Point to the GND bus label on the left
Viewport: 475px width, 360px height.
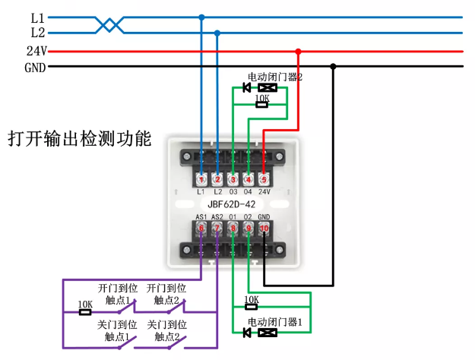[x=35, y=67]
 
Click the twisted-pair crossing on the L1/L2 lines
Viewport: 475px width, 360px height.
[x=111, y=25]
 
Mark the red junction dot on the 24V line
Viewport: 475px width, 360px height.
[x=298, y=52]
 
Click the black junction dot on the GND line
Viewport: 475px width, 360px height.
[x=333, y=67]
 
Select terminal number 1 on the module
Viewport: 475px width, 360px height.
[x=201, y=179]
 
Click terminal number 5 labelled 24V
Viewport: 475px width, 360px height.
[x=264, y=179]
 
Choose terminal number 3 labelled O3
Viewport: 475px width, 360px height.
[x=233, y=179]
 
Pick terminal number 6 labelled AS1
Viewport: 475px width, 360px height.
[x=201, y=226]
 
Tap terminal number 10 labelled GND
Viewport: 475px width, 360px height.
[x=264, y=226]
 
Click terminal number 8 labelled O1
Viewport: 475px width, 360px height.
[x=233, y=226]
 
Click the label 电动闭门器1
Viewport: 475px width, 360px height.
[x=275, y=322]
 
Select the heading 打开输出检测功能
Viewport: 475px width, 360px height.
[x=79, y=140]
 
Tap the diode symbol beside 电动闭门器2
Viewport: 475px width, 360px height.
[x=246, y=88]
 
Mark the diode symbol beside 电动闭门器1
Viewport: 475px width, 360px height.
[x=246, y=333]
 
